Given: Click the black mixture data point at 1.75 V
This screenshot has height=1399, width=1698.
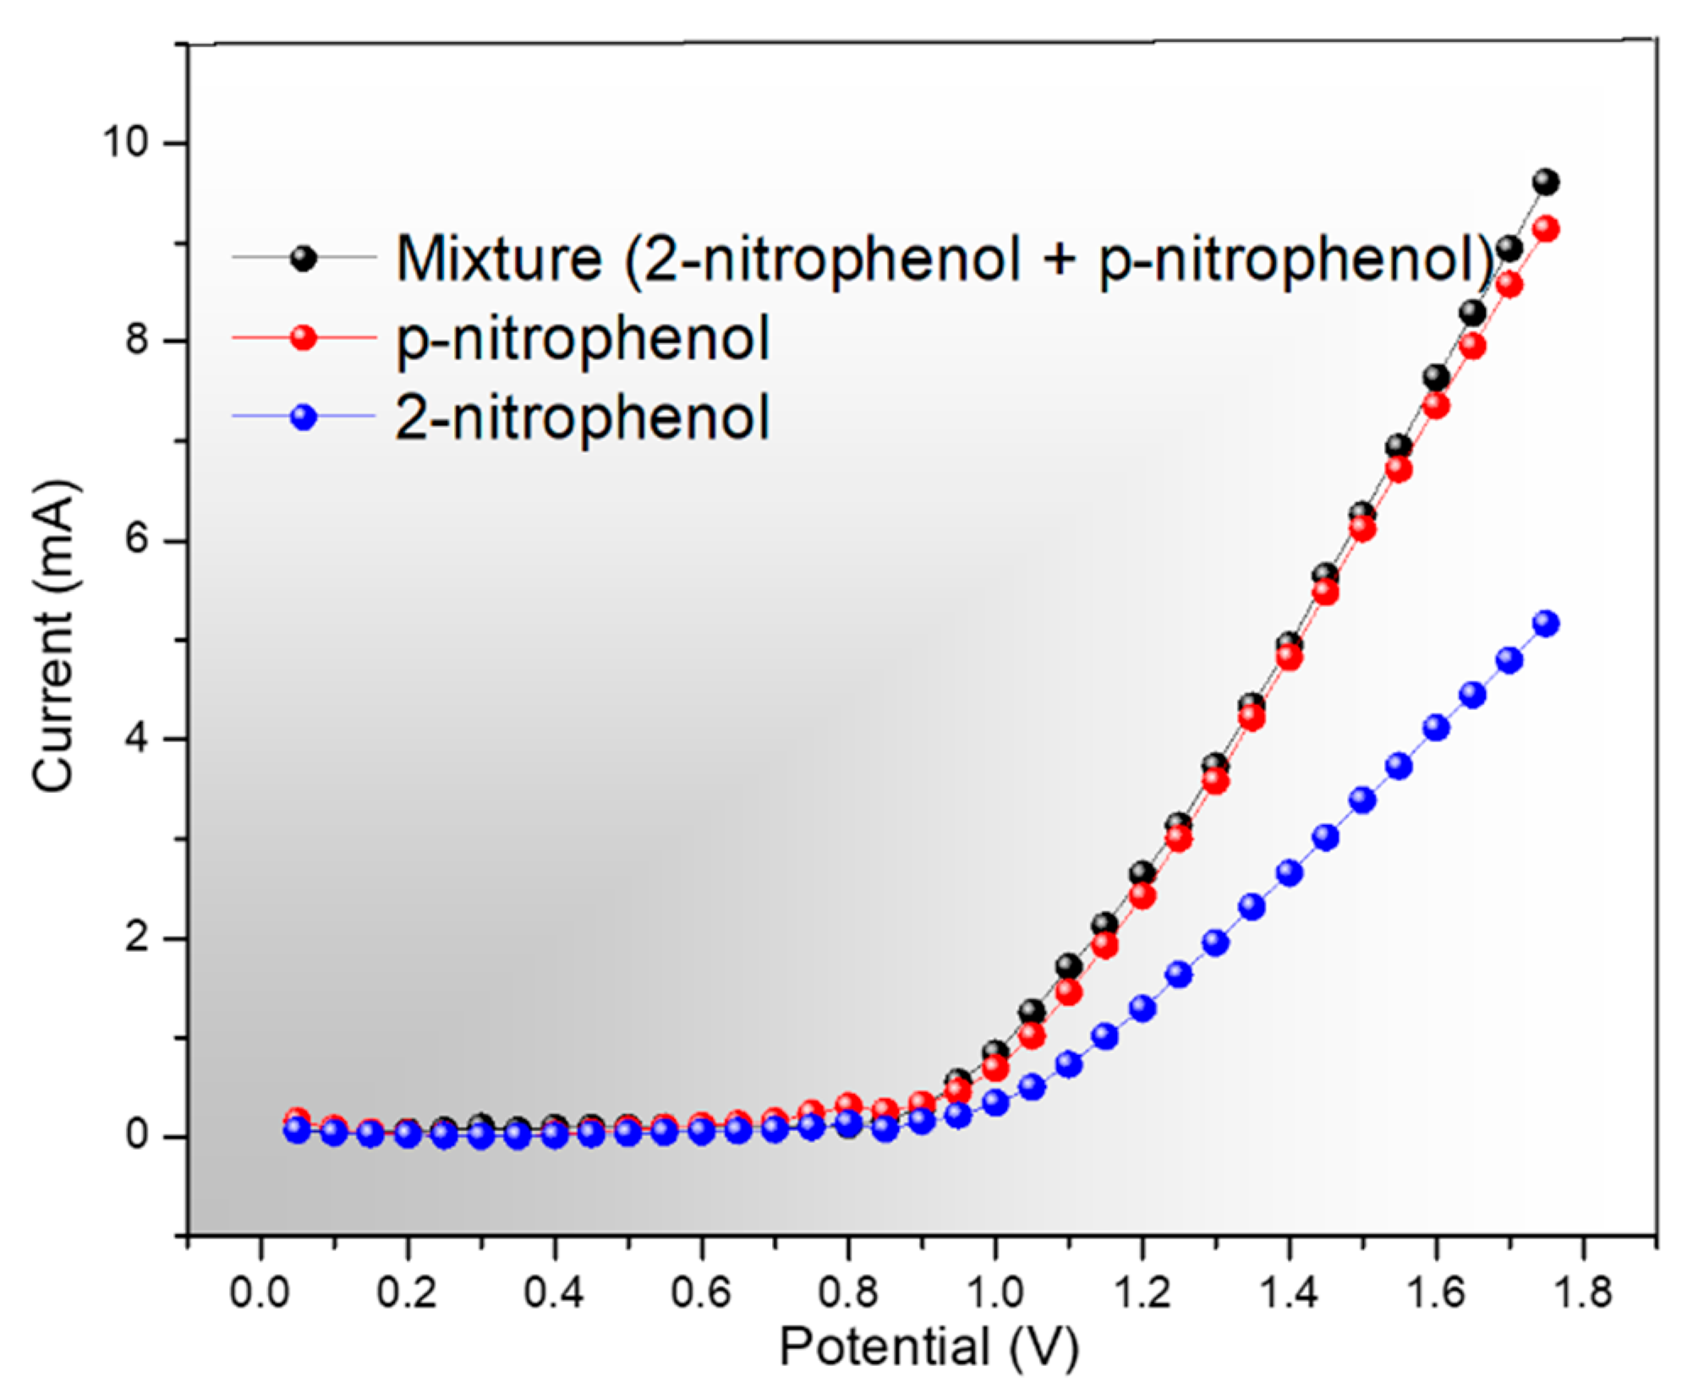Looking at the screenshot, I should (x=1546, y=182).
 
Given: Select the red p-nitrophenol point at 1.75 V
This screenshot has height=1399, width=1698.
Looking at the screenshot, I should (x=1546, y=229).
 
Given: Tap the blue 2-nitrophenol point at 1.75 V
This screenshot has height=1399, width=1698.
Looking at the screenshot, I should (x=1546, y=624).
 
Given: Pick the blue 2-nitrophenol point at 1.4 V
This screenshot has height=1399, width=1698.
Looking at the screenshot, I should (x=1290, y=872).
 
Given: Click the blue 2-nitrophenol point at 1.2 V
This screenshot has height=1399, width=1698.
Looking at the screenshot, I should (x=1142, y=1008).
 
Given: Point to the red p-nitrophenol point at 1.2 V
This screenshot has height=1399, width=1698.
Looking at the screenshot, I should (x=1142, y=895).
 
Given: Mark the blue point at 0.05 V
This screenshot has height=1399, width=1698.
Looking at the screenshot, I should (x=297, y=1130).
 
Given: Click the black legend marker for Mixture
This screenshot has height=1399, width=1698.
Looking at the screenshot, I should (x=303, y=259).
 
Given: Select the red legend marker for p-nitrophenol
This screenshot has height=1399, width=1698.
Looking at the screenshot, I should (x=303, y=338).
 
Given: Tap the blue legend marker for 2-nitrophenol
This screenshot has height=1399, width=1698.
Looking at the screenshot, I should (x=303, y=417).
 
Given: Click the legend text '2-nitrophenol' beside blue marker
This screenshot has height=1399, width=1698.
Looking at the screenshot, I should (x=583, y=418).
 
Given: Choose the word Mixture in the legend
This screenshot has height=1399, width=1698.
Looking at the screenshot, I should (x=499, y=259).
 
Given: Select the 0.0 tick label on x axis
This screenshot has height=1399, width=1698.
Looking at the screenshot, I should (x=260, y=1292).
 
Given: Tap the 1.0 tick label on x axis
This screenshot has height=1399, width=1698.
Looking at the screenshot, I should (x=994, y=1292).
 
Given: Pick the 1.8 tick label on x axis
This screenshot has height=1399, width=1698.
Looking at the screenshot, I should (x=1582, y=1292).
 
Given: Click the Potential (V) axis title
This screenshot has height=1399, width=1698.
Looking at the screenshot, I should (x=928, y=1347).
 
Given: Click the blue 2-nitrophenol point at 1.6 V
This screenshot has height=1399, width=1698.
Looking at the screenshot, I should (x=1436, y=728).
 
